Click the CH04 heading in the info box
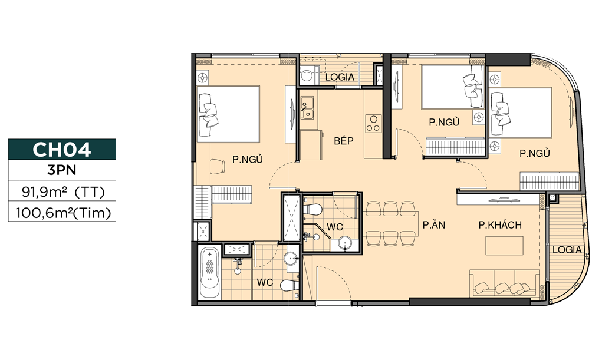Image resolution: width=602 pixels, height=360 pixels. [62, 149]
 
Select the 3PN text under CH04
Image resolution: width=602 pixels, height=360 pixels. [62, 170]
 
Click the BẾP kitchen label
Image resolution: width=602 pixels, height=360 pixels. [344, 140]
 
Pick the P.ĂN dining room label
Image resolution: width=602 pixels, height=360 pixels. [434, 224]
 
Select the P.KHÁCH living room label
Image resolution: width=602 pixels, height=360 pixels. [500, 225]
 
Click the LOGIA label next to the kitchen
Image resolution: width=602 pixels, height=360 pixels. [340, 77]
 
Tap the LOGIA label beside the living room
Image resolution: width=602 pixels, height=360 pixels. [567, 250]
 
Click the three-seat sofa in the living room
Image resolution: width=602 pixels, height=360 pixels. [504, 283]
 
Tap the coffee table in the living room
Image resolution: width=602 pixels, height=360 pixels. [505, 246]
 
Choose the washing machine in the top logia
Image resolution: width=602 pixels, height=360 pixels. [307, 75]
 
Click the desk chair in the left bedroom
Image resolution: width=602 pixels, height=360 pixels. [218, 167]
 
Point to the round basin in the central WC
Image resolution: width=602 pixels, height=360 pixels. [346, 244]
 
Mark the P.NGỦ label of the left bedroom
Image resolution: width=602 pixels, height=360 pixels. [248, 159]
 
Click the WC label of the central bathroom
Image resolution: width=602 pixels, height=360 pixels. [335, 227]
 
